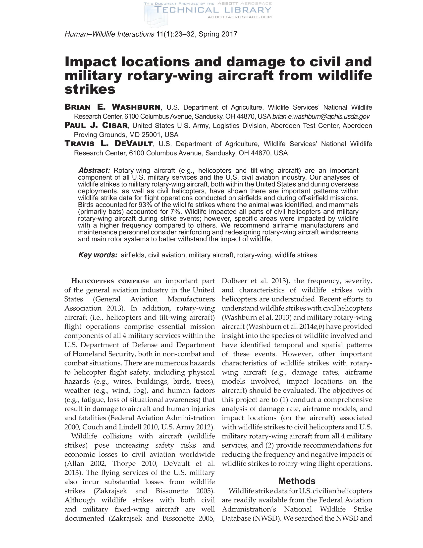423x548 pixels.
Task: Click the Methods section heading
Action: coord(297,481)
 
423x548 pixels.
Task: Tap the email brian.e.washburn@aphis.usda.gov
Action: coord(321,116)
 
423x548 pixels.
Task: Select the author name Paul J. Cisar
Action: coord(96,125)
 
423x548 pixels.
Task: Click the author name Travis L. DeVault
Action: coord(108,143)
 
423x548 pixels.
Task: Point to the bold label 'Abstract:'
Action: coord(94,171)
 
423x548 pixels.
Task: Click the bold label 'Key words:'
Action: coord(98,255)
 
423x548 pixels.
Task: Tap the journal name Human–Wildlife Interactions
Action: coord(109,34)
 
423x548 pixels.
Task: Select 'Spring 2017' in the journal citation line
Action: coord(218,34)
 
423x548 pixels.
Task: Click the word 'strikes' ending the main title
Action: coord(90,89)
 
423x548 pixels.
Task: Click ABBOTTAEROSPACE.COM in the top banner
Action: coord(240,17)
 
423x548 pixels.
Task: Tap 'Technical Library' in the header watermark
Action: coord(212,10)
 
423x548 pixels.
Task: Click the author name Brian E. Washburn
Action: coord(112,107)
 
